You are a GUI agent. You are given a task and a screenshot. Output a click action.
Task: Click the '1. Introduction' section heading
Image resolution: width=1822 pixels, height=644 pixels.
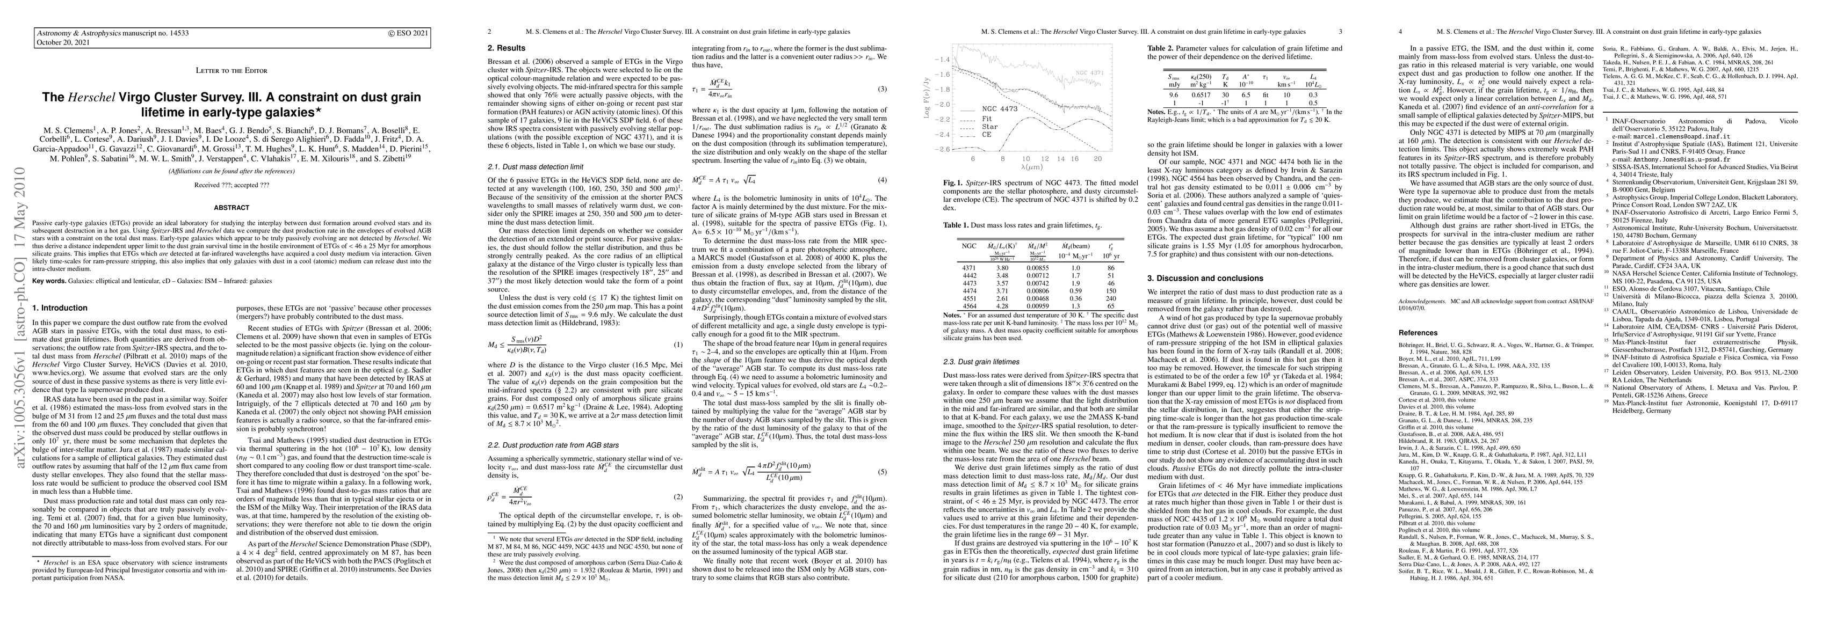[x=60, y=308]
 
